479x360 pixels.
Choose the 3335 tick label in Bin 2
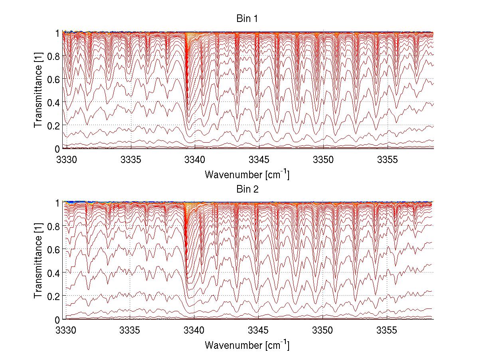[131, 330]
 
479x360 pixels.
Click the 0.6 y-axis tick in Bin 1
[53, 80]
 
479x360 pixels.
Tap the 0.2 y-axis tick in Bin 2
[53, 296]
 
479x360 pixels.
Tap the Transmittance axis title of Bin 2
[38, 261]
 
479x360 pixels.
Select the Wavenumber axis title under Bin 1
[247, 174]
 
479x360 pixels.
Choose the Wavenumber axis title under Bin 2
[247, 344]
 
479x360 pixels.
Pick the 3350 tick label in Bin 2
[323, 330]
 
